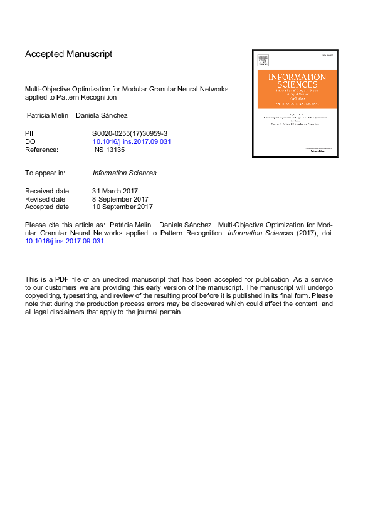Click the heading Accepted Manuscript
68,54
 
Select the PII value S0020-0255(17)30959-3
130,134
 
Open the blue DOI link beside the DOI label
132,142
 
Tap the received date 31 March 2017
115,191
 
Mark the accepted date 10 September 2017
123,207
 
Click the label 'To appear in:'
45,173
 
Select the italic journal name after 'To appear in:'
124,173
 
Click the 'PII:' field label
30,134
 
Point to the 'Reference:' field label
41,150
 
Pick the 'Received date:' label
48,191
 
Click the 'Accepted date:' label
48,207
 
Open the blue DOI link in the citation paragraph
64,241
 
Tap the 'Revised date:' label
46,198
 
